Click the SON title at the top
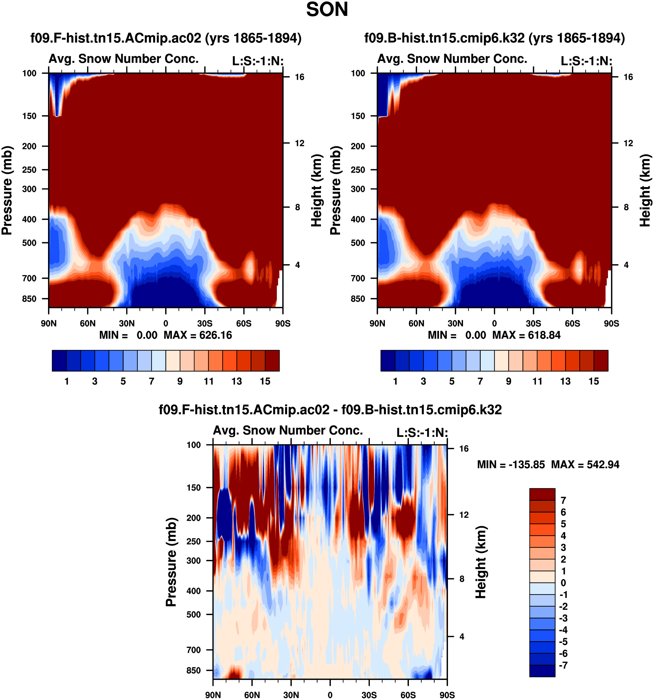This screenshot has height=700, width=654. tap(327, 10)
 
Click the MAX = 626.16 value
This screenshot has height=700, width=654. tap(198, 335)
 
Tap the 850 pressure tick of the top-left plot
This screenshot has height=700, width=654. tap(29, 299)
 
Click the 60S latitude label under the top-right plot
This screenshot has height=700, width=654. tap(572, 323)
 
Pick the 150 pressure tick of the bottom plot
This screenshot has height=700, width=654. tap(194, 488)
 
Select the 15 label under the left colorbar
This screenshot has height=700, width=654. tap(265, 381)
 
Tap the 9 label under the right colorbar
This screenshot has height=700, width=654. tap(508, 381)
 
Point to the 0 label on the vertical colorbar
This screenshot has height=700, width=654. tap(563, 583)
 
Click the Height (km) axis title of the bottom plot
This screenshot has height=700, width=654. tap(481, 562)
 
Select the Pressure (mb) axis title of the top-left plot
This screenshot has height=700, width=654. tap(7, 190)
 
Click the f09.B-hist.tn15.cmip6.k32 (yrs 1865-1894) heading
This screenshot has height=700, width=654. tap(494, 38)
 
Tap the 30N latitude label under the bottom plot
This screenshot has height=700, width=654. tap(291, 695)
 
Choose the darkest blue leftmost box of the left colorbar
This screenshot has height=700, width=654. tap(59, 361)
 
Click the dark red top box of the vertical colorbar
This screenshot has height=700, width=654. tap(542, 494)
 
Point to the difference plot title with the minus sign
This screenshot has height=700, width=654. tap(330, 410)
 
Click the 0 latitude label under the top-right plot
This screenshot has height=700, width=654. tap(494, 323)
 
